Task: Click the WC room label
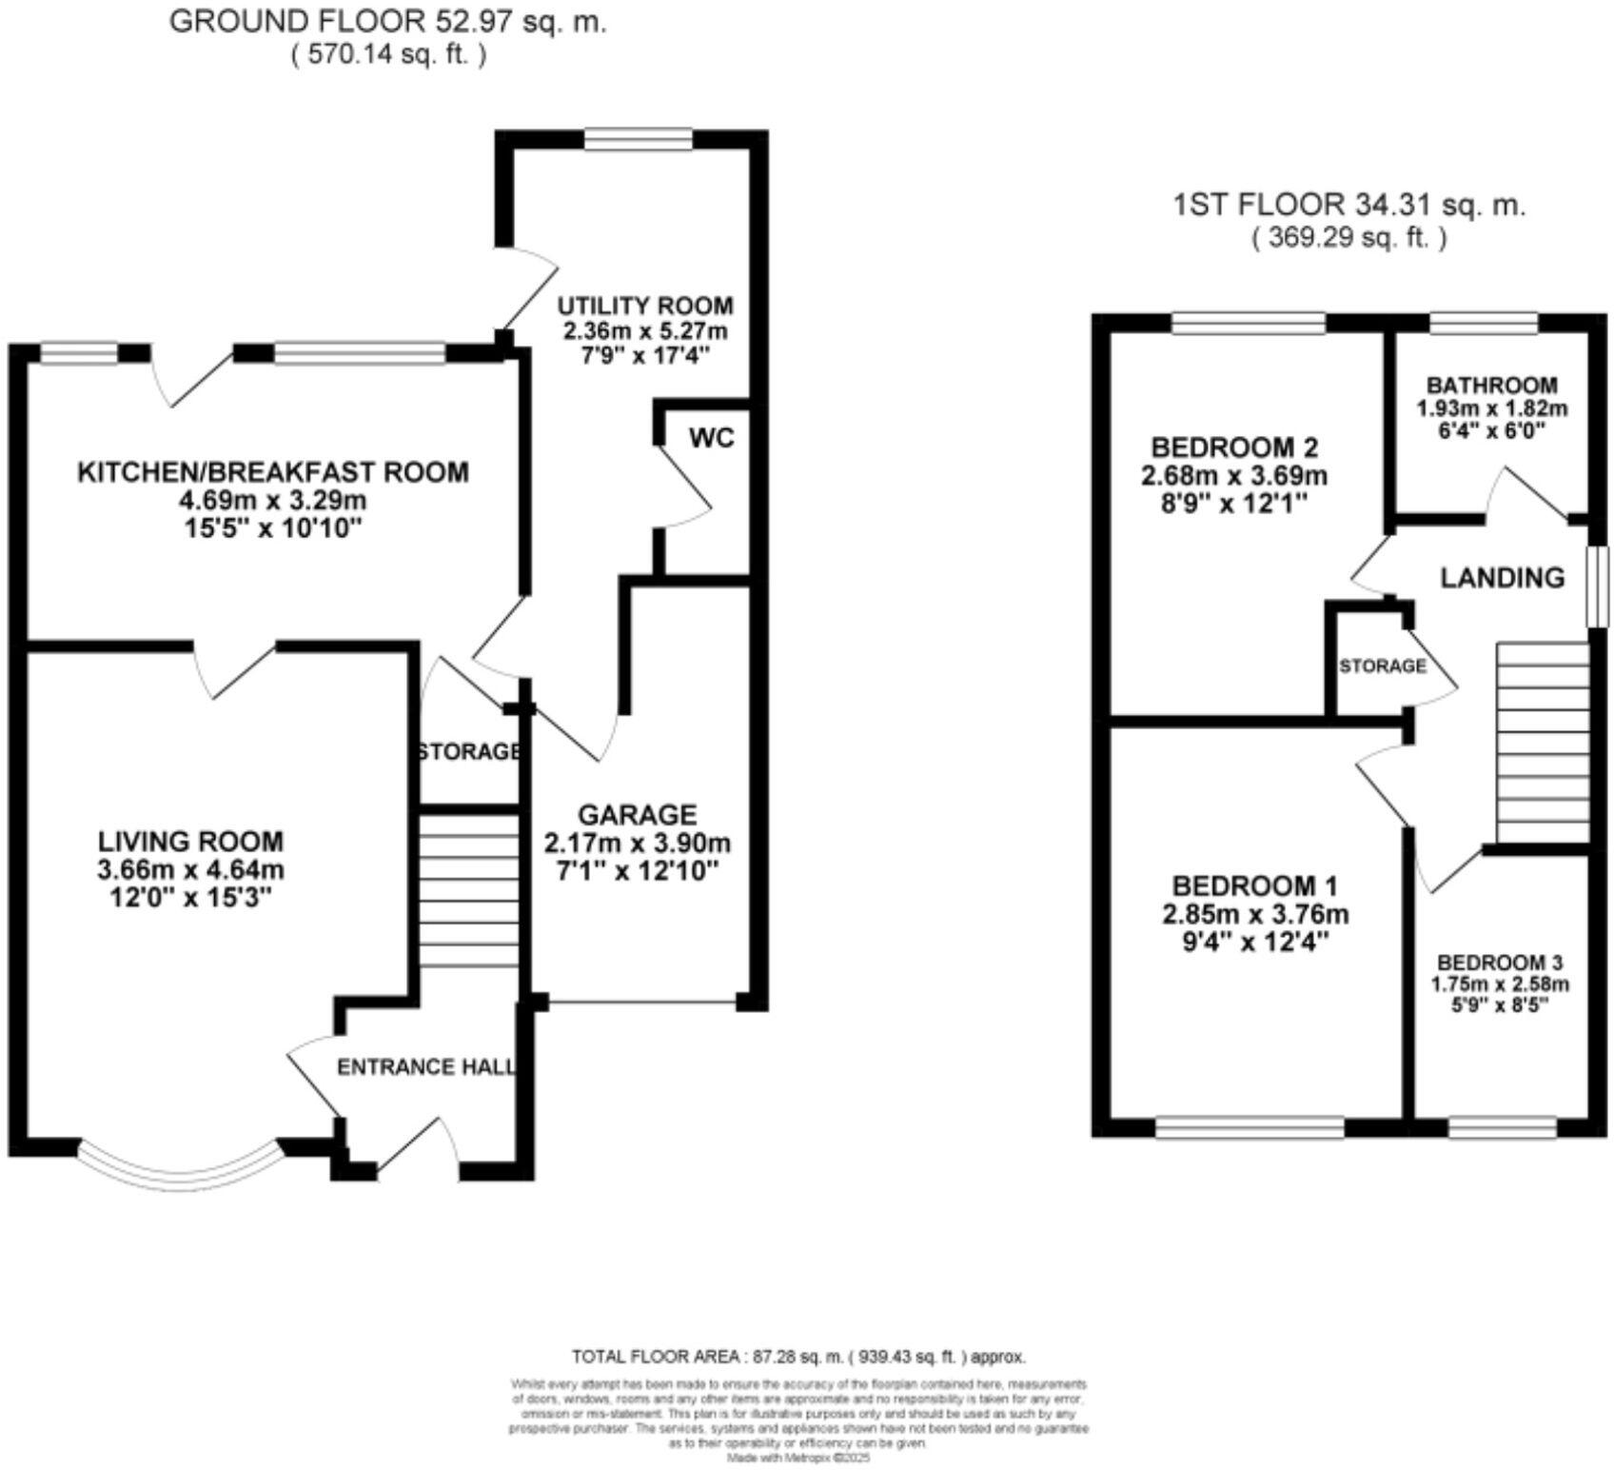pyautogui.click(x=712, y=439)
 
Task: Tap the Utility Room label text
pyautogui.click(x=644, y=306)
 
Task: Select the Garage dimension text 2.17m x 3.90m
pyautogui.click(x=637, y=843)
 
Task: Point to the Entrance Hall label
pyautogui.click(x=425, y=1067)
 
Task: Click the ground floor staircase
pyautogui.click(x=469, y=888)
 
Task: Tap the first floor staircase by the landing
pyautogui.click(x=1543, y=743)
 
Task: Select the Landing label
pyautogui.click(x=1502, y=578)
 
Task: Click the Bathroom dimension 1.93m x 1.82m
pyautogui.click(x=1491, y=408)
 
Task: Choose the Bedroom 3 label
pyautogui.click(x=1499, y=963)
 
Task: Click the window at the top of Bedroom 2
pyautogui.click(x=1248, y=324)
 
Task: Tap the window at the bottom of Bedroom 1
pyautogui.click(x=1250, y=1128)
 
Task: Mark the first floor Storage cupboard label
pyautogui.click(x=1382, y=666)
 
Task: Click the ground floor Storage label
pyautogui.click(x=469, y=752)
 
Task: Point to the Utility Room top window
pyautogui.click(x=639, y=140)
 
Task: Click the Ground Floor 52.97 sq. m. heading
pyautogui.click(x=387, y=22)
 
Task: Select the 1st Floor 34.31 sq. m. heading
pyautogui.click(x=1348, y=205)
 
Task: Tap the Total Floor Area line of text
pyautogui.click(x=798, y=1357)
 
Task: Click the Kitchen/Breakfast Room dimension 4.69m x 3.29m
pyautogui.click(x=273, y=500)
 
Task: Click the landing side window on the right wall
pyautogui.click(x=1598, y=586)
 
